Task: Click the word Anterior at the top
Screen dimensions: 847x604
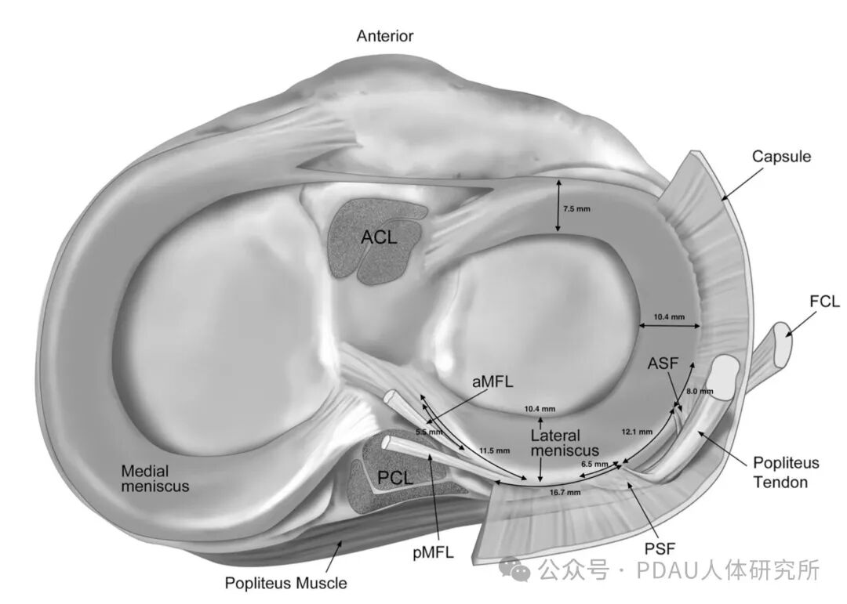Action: click(x=384, y=36)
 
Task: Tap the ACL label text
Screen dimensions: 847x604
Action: click(x=379, y=237)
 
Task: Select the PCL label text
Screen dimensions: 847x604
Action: click(x=394, y=478)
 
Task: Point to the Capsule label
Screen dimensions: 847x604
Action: click(x=782, y=157)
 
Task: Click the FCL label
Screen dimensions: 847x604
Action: click(x=825, y=301)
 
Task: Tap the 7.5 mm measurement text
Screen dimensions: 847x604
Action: click(x=576, y=209)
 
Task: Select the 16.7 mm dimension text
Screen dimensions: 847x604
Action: click(x=565, y=492)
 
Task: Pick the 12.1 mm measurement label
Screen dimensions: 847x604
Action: click(x=637, y=432)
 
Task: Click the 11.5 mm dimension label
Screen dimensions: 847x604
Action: click(x=494, y=450)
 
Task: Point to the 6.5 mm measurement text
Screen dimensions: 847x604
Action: click(x=594, y=464)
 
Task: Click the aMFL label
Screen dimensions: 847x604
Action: click(x=493, y=382)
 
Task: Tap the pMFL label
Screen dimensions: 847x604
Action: click(x=433, y=552)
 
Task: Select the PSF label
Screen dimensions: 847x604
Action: click(x=660, y=548)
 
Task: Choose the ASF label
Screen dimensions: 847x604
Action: click(x=663, y=363)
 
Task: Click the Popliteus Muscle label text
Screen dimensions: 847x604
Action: click(x=285, y=583)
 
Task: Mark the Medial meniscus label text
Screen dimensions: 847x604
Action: click(x=155, y=478)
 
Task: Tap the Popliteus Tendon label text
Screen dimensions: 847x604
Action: click(x=786, y=472)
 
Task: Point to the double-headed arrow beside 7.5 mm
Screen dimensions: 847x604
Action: click(x=558, y=206)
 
